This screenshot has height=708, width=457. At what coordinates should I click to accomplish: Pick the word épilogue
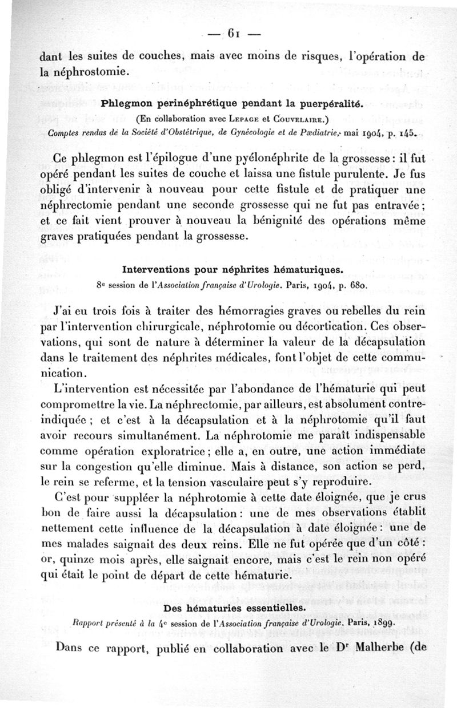tap(167, 157)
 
